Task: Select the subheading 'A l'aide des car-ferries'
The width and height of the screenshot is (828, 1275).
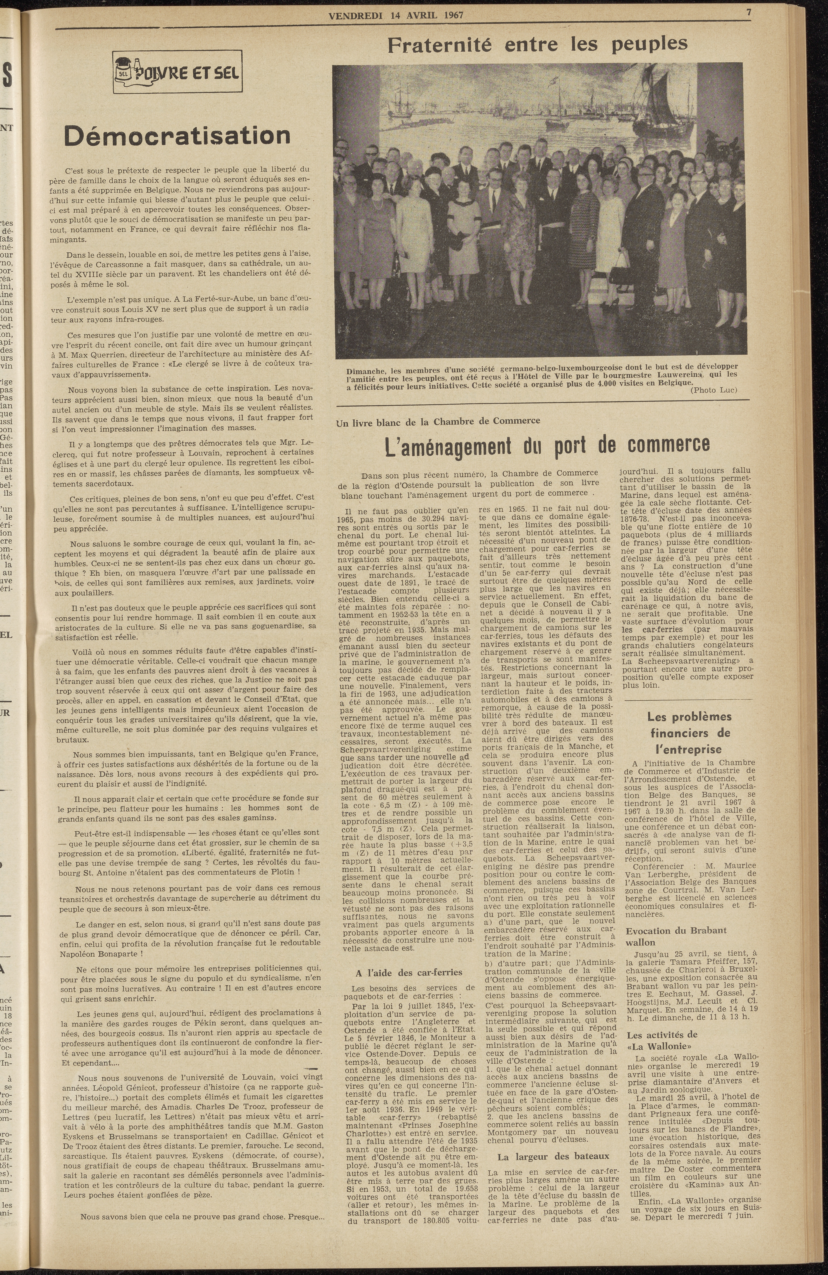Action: (x=409, y=972)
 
